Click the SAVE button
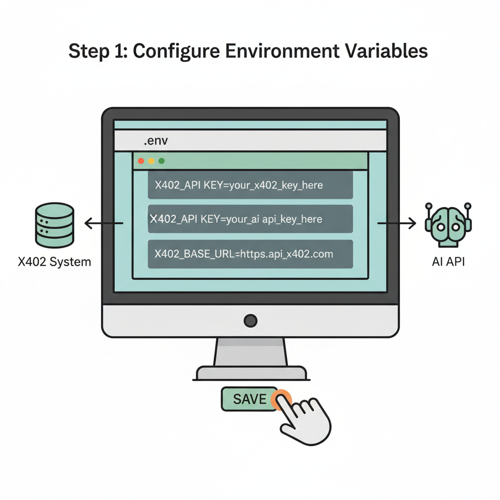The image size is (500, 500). [250, 399]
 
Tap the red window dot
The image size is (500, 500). [141, 161]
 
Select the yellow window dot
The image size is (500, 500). [151, 161]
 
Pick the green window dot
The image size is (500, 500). [162, 161]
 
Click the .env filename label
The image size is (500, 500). [156, 142]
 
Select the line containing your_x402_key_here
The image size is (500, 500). [250, 185]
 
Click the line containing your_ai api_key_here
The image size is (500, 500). [250, 219]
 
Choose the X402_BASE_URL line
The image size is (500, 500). [250, 254]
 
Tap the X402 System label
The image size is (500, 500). [54, 262]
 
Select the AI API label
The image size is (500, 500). [448, 262]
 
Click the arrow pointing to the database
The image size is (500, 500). [103, 224]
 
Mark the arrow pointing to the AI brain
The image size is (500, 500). [397, 224]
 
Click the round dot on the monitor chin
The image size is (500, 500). [250, 321]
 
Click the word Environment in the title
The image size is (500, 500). [263, 51]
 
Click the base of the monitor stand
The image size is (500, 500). [251, 374]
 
